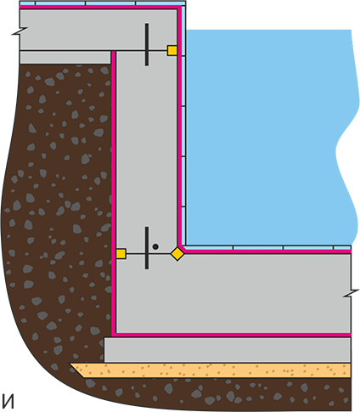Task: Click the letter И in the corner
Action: [8, 401]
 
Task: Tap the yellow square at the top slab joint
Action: [172, 51]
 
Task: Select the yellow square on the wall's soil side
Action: [121, 254]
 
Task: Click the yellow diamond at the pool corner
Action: [177, 253]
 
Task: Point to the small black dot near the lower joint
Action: [155, 246]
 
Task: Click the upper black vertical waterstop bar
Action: [147, 44]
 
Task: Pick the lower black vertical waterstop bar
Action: [147, 248]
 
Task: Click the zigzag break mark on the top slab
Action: [20, 31]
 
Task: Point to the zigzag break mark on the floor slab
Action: [352, 293]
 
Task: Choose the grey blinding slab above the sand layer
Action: [228, 350]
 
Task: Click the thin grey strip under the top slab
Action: [65, 58]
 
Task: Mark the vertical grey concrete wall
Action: [147, 150]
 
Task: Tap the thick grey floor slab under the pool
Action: [233, 293]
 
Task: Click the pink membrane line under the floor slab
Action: [232, 335]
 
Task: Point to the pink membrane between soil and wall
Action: [114, 193]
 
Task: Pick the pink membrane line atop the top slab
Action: [99, 7]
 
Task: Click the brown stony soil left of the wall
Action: [57, 198]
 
